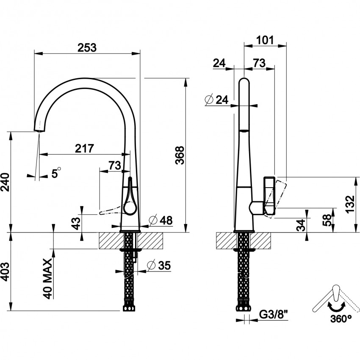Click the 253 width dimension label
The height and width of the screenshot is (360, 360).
click(87, 47)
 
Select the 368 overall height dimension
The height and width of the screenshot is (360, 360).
click(180, 155)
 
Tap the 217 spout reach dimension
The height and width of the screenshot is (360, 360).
click(84, 148)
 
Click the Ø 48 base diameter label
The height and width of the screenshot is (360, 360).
click(161, 220)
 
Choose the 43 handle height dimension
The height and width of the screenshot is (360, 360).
click(75, 222)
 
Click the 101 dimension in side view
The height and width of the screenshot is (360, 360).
click(264, 40)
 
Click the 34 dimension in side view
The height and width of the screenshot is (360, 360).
click(302, 224)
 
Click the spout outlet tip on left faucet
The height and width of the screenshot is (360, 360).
click(39, 128)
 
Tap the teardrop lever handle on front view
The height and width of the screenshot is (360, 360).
click(129, 199)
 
